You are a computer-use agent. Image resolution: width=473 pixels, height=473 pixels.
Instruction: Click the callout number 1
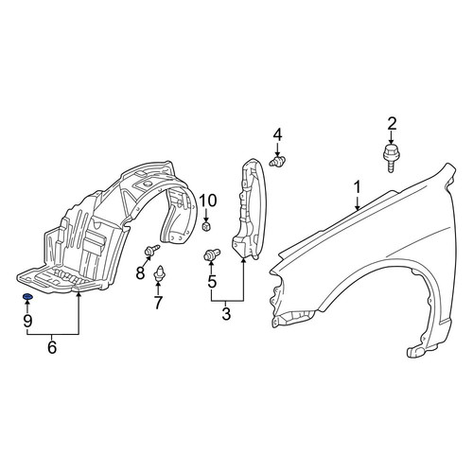[x=358, y=187]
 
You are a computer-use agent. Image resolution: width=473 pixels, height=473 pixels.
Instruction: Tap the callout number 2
[x=392, y=124]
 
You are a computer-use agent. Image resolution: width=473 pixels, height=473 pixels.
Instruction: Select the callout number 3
[x=226, y=314]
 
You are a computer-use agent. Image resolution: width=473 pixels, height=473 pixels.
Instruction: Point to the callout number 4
[x=277, y=135]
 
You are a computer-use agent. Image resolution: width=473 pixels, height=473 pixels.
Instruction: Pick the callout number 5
[x=212, y=281]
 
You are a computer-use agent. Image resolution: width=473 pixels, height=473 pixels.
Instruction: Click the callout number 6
[x=52, y=347]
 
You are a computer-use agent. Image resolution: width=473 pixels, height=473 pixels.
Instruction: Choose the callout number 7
[x=158, y=303]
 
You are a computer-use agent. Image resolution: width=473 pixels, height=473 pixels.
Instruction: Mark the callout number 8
[x=140, y=272]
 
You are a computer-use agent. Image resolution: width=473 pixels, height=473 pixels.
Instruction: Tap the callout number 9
[x=27, y=321]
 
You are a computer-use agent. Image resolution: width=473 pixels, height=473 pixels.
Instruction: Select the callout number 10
[x=208, y=201]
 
